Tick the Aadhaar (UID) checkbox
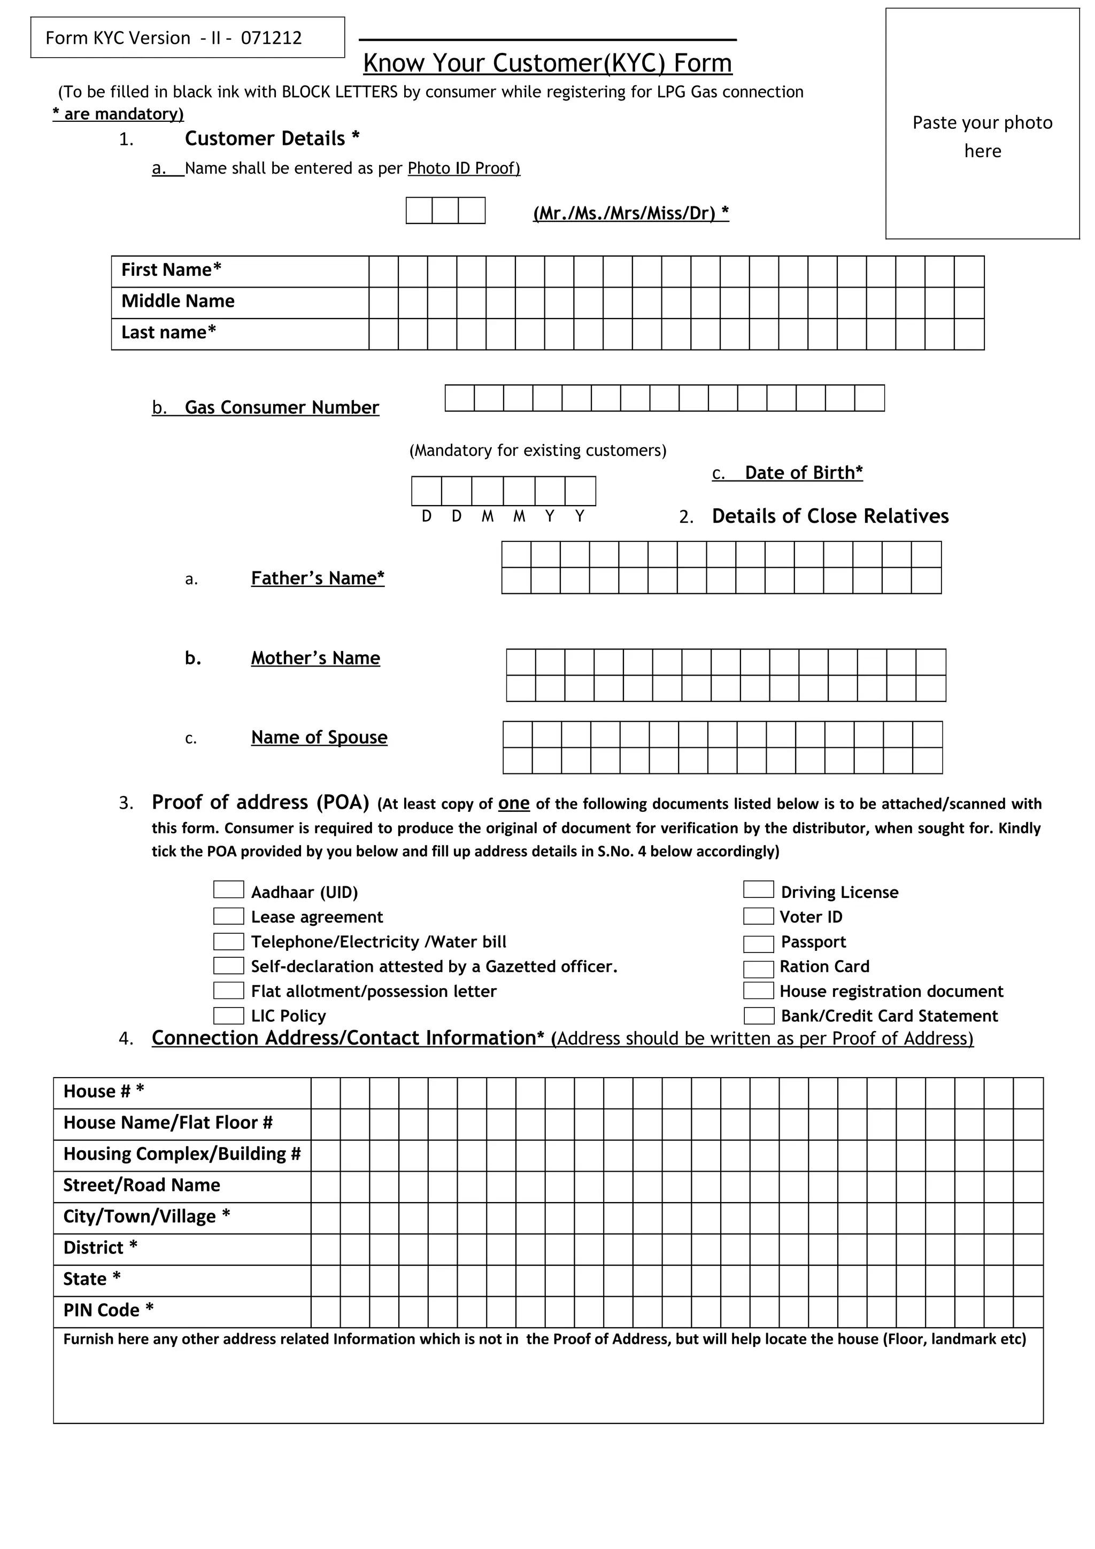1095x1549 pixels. pyautogui.click(x=228, y=890)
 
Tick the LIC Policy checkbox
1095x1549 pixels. pyautogui.click(x=228, y=1016)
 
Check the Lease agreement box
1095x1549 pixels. pyautogui.click(x=228, y=916)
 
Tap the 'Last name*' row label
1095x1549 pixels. pyautogui.click(x=168, y=332)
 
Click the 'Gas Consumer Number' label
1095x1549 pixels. pyautogui.click(x=281, y=407)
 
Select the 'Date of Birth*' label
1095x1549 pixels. pyautogui.click(x=803, y=473)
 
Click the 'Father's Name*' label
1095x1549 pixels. pyautogui.click(x=318, y=578)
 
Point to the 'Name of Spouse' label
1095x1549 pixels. pyautogui.click(x=319, y=738)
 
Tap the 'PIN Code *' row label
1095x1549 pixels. pyautogui.click(x=109, y=1310)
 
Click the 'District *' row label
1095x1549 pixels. pyautogui.click(x=101, y=1248)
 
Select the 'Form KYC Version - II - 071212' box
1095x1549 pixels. pyautogui.click(x=188, y=38)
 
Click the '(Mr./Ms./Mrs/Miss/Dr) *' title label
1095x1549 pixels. pyautogui.click(x=631, y=213)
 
